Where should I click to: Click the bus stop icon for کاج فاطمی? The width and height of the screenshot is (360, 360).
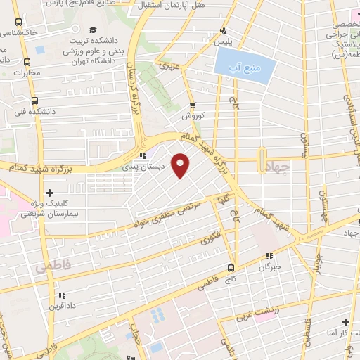(231, 268)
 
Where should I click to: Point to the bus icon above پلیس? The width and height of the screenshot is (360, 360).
(223, 30)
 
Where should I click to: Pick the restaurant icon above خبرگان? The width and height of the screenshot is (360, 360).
(269, 256)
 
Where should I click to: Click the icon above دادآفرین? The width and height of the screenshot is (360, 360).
(61, 295)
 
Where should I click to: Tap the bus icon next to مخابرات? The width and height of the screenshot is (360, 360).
(26, 61)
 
